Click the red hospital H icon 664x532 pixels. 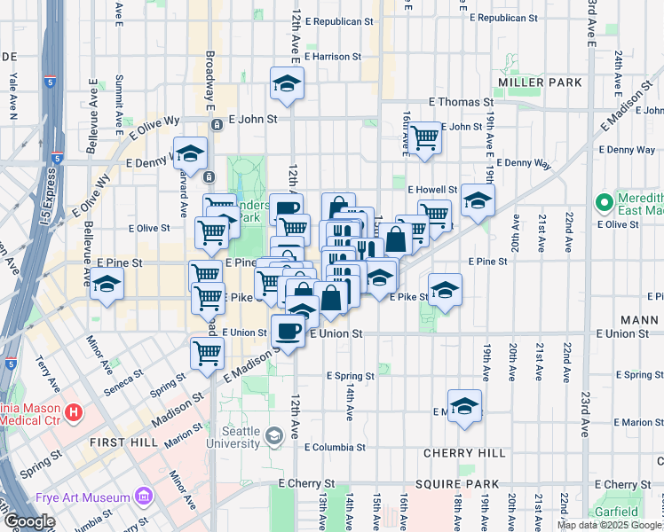[75, 412]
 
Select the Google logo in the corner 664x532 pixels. [29, 521]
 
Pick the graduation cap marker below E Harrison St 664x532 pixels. [286, 84]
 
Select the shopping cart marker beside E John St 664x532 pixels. [425, 137]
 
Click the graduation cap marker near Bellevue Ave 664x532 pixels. [107, 285]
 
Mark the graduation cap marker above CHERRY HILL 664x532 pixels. [463, 406]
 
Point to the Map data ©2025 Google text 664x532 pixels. [609, 525]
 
